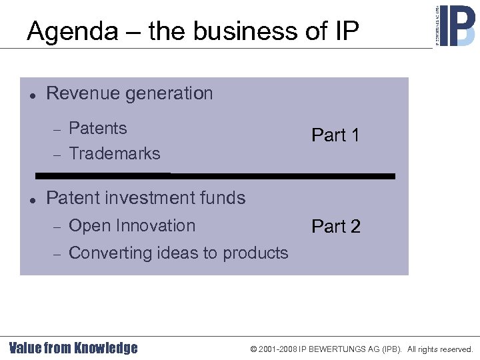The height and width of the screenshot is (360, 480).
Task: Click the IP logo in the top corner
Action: point(455,25)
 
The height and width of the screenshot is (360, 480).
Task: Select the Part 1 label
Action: point(335,135)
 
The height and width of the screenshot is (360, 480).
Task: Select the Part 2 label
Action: point(335,227)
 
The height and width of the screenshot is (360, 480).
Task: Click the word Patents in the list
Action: point(97,128)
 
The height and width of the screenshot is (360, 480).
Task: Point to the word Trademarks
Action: point(115,153)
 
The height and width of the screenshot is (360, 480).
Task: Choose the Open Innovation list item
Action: point(132,226)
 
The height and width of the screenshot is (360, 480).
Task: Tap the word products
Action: point(256,253)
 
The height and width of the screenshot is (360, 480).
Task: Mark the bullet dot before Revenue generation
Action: point(31,94)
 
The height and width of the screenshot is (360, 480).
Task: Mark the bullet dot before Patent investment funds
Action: point(31,199)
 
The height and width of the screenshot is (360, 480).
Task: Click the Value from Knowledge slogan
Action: point(73,348)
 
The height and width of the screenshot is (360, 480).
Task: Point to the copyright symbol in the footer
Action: point(253,349)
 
